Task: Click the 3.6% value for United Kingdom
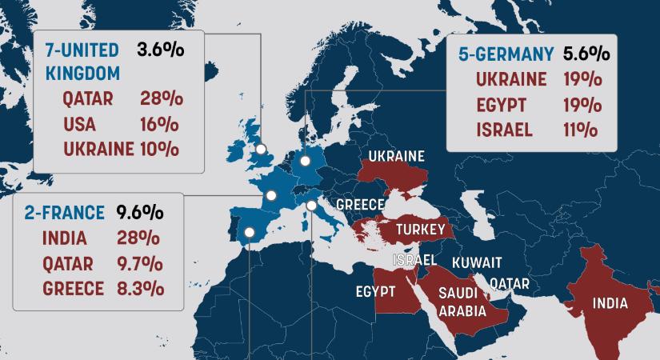[161, 50]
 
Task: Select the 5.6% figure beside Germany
[586, 54]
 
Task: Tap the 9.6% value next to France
[140, 213]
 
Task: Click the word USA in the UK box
[79, 124]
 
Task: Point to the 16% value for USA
[158, 124]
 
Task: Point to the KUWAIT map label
[477, 262]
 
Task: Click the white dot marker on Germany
[306, 162]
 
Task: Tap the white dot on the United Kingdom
[259, 149]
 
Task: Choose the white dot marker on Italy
[311, 206]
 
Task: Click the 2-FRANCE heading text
[64, 213]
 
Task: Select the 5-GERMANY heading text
[505, 54]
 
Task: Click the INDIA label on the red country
[610, 303]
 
